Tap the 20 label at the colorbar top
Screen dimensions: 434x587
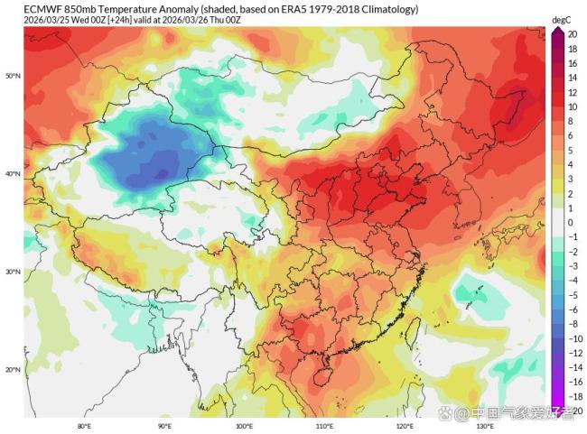(573, 33)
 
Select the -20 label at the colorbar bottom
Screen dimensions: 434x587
(571, 410)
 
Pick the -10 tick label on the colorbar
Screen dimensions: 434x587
(571, 337)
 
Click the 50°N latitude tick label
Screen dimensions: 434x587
(13, 76)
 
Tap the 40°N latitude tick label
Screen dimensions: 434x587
(13, 174)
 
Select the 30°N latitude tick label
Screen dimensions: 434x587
(13, 272)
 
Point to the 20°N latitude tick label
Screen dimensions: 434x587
(13, 369)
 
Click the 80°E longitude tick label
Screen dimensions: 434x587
(84, 425)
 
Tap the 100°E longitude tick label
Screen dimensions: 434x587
(244, 425)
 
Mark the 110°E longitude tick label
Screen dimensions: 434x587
(324, 425)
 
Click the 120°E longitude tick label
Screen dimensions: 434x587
(404, 425)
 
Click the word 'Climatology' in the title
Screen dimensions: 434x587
(387, 9)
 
